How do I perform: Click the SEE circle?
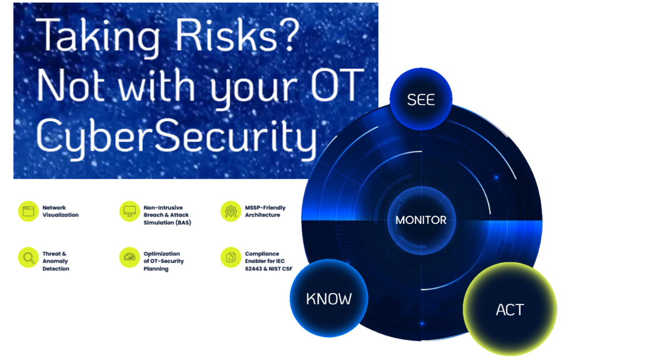pyautogui.click(x=421, y=99)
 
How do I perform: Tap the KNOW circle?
pyautogui.click(x=328, y=298)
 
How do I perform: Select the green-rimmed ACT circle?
pyautogui.click(x=510, y=309)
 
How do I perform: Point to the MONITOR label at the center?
pyautogui.click(x=421, y=220)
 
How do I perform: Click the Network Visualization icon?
pyautogui.click(x=28, y=211)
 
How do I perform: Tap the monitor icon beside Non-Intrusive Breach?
pyautogui.click(x=130, y=211)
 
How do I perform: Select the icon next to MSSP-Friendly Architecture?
pyautogui.click(x=231, y=211)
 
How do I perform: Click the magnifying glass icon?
pyautogui.click(x=28, y=257)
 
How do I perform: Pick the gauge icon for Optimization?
pyautogui.click(x=130, y=257)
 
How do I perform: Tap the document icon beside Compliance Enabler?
pyautogui.click(x=231, y=257)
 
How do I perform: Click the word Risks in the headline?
pyautogui.click(x=226, y=35)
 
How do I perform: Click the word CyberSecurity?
pyautogui.click(x=176, y=138)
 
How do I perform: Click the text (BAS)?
pyautogui.click(x=183, y=223)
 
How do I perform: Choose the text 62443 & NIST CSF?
pyautogui.click(x=269, y=268)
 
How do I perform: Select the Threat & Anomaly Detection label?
pyautogui.click(x=56, y=261)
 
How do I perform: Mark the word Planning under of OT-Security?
pyautogui.click(x=156, y=269)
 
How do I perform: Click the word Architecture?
pyautogui.click(x=263, y=215)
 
